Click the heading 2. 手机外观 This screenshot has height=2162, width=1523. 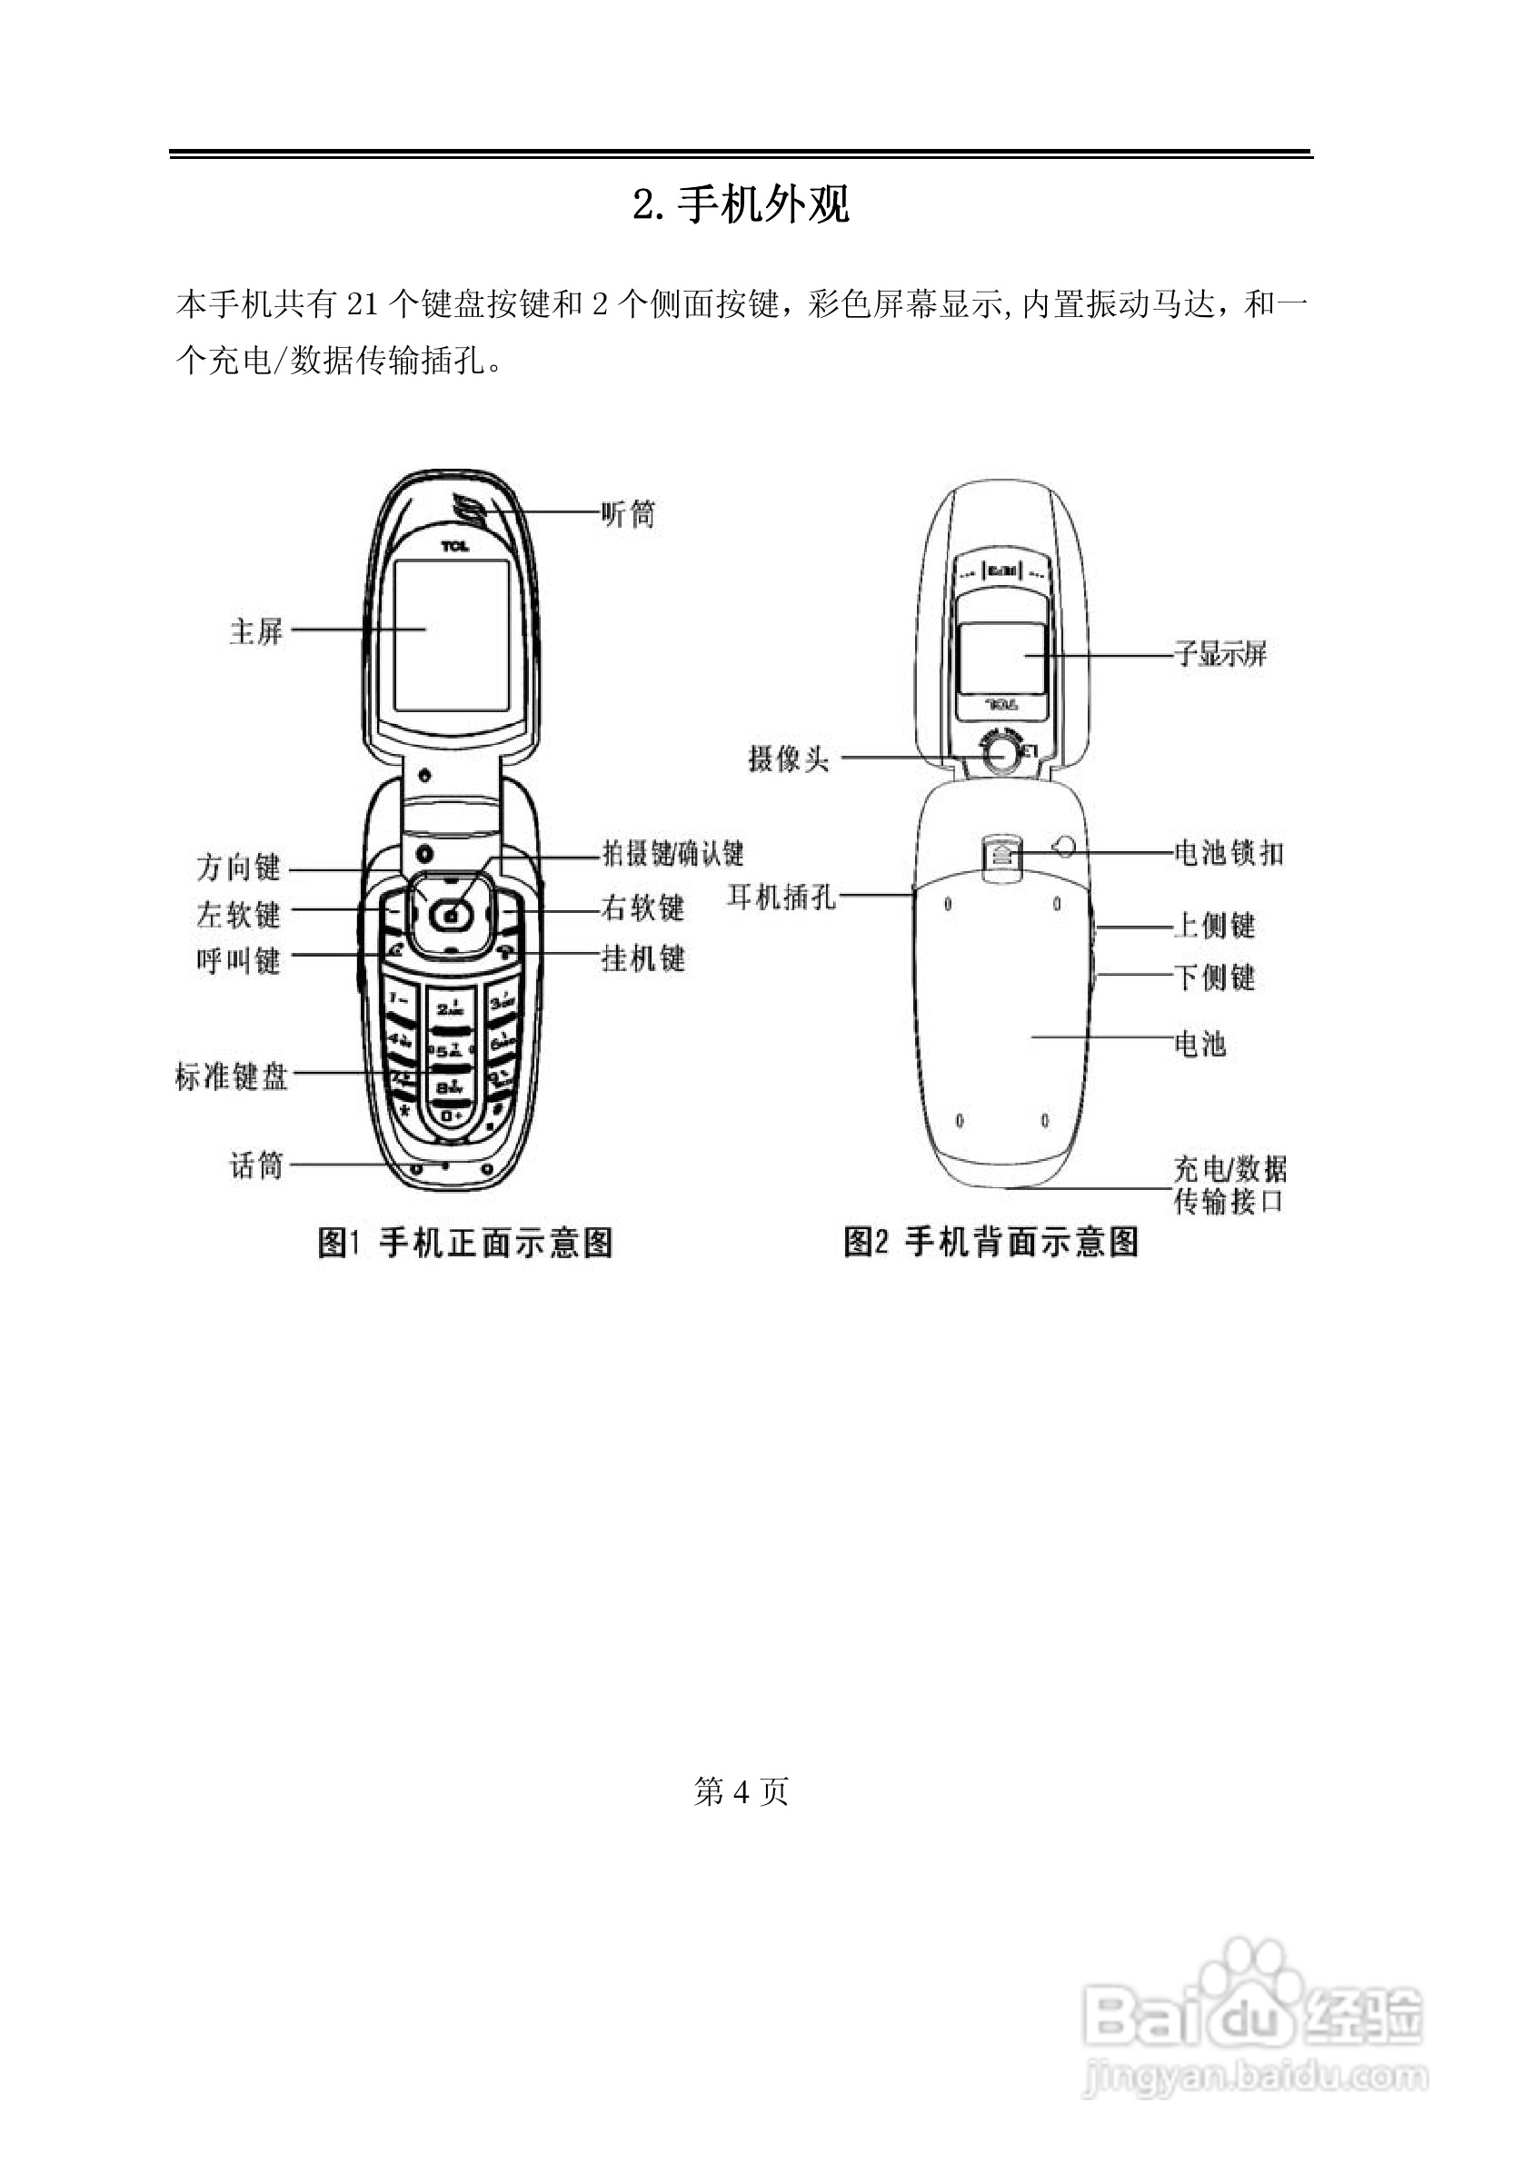pyautogui.click(x=742, y=204)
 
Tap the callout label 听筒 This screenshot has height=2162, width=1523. pyautogui.click(x=628, y=514)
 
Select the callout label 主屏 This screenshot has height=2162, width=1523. pyautogui.click(x=256, y=631)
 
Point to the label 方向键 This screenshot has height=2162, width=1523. pyautogui.click(x=238, y=867)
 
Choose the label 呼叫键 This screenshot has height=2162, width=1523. pyautogui.click(x=238, y=960)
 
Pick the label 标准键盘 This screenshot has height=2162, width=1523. pyautogui.click(x=232, y=1076)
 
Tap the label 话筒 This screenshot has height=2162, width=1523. pyautogui.click(x=256, y=1165)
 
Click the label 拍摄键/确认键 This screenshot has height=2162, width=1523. pyautogui.click(x=673, y=853)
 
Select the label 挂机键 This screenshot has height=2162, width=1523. pyautogui.click(x=643, y=958)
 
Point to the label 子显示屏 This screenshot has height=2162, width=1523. pyautogui.click(x=1220, y=652)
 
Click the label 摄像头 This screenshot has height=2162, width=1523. pyautogui.click(x=789, y=758)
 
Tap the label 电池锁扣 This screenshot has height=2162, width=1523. pyautogui.click(x=1229, y=853)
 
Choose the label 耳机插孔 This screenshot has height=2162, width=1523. pyautogui.click(x=781, y=897)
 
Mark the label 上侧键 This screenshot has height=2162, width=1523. pyautogui.click(x=1215, y=926)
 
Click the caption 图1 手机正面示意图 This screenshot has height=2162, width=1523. pyautogui.click(x=465, y=1242)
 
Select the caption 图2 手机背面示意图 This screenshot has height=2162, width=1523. pyautogui.click(x=990, y=1241)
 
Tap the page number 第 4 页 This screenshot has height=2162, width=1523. pyautogui.click(x=742, y=1791)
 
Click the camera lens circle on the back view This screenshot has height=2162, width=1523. pyautogui.click(x=1000, y=754)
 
